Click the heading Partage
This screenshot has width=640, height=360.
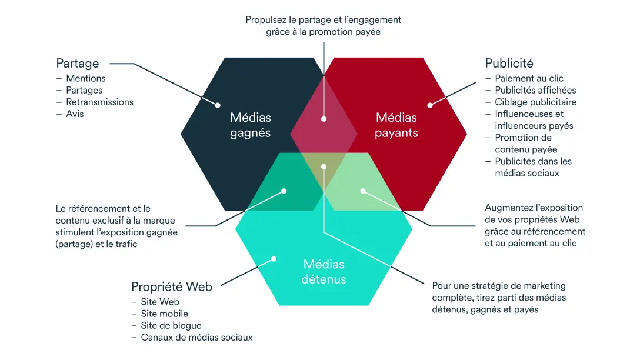[78, 63]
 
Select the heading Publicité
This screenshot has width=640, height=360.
[509, 63]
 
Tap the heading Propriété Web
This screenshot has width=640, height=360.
[172, 287]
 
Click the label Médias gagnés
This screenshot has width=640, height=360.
[251, 125]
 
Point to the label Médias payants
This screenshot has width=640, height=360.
[396, 125]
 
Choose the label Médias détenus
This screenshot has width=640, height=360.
[324, 271]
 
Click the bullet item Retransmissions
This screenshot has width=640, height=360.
[99, 102]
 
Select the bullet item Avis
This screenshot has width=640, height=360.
[75, 114]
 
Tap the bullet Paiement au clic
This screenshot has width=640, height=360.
[529, 78]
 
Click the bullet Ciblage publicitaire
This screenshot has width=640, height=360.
[535, 102]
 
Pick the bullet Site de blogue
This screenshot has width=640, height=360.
[171, 325]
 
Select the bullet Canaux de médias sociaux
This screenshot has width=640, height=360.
[196, 337]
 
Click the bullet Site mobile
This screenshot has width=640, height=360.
[165, 314]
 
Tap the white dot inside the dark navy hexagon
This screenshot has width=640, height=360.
[218, 106]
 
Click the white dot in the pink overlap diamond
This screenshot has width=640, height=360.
[324, 119]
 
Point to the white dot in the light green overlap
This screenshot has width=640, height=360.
[363, 191]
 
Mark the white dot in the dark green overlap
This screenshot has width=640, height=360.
[284, 191]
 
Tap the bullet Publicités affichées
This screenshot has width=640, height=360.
[535, 90]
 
